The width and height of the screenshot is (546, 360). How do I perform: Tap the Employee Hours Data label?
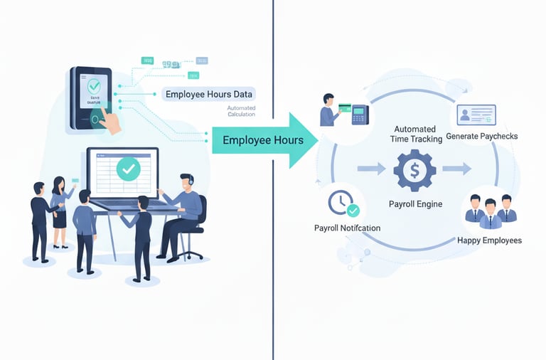pos(208,94)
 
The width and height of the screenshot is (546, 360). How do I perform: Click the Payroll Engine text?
pos(415,204)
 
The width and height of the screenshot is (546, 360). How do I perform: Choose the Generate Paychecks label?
pos(481,136)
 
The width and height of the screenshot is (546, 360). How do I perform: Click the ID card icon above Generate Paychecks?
pos(476,114)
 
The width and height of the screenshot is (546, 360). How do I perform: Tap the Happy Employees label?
pos(489,240)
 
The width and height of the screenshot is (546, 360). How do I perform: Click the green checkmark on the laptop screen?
pos(128,169)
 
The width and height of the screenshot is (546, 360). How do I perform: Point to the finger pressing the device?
pos(109,121)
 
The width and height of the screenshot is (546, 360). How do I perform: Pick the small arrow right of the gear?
pos(456,169)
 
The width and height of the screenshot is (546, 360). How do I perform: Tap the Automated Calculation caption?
pos(245,112)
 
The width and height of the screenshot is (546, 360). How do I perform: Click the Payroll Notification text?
pos(347,228)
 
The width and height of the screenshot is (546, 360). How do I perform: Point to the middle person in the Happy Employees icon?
pos(489,211)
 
